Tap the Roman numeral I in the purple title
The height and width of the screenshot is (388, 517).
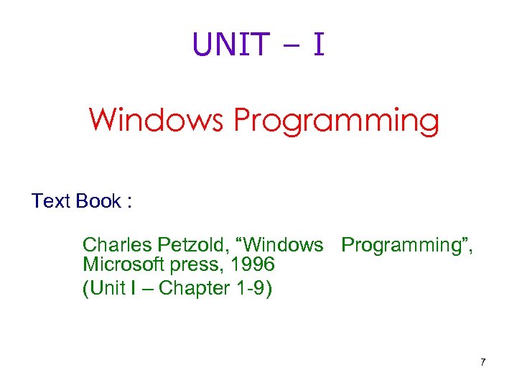(318, 44)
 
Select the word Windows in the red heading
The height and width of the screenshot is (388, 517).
(156, 120)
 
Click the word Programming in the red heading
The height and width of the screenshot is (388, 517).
(335, 121)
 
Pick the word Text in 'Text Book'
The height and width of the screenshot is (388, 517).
(51, 201)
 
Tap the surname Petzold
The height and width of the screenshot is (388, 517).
(183, 245)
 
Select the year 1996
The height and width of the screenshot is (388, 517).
(250, 266)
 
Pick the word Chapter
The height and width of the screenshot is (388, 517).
(193, 289)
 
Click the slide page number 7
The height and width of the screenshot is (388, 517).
(483, 362)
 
